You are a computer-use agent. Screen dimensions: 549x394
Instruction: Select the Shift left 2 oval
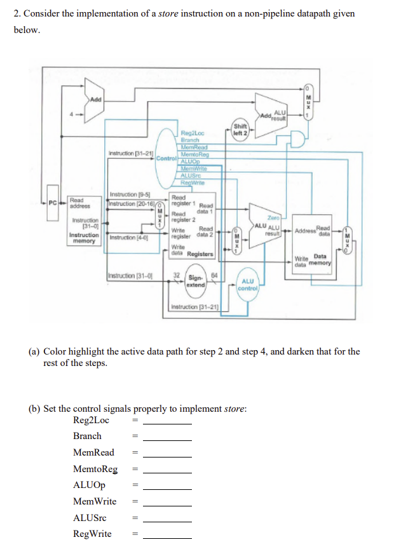(x=240, y=129)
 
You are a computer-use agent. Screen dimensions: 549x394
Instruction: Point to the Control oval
(x=165, y=156)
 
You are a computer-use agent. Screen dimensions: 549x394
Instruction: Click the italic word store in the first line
(x=167, y=13)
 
